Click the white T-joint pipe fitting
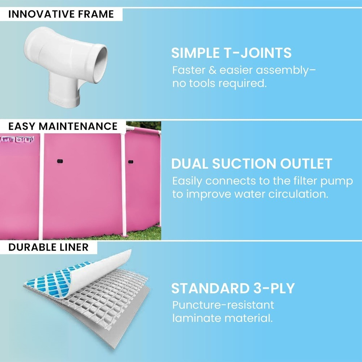66,65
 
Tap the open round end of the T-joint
100,63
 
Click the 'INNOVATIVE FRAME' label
61,14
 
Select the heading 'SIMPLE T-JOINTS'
231,52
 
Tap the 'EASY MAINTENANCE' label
63,126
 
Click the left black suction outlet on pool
60,161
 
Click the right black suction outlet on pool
131,161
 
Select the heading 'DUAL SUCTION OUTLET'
252,164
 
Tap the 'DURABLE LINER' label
49,247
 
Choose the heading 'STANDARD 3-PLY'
233,288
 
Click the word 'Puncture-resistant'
223,305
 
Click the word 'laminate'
197,318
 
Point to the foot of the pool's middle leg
125,235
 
